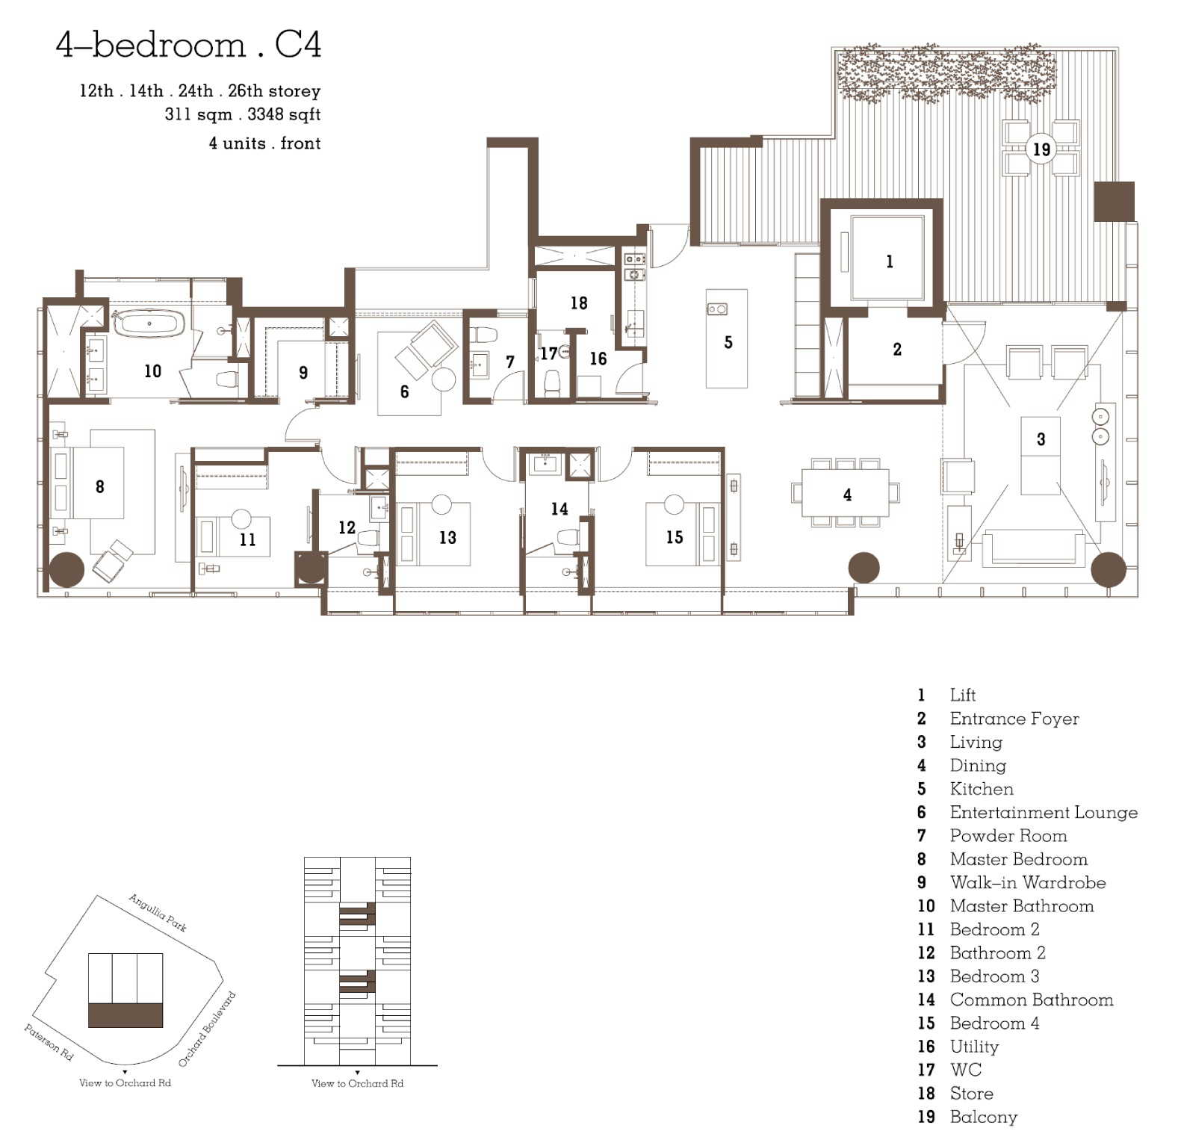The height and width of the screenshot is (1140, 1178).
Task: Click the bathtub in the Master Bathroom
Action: coord(149,323)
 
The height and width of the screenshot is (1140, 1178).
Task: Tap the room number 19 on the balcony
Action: coord(1041,149)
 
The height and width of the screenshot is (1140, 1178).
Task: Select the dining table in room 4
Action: coord(846,493)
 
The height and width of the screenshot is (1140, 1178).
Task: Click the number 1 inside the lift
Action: coord(889,261)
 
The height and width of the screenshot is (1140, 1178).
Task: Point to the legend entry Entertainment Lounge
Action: coord(1044,812)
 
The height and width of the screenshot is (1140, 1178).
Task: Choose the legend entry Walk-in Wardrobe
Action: coord(1027,882)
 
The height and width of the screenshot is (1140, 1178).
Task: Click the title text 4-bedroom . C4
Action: coord(188,45)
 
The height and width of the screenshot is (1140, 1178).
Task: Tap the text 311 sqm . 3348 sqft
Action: coord(243,114)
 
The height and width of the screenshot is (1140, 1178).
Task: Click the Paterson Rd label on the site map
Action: coord(49,1041)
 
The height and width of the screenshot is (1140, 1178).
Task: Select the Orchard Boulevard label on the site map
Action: coord(208,1029)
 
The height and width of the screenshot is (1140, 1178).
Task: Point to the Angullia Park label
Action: coord(158,912)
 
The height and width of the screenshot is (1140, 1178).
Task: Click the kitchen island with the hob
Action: coord(727,338)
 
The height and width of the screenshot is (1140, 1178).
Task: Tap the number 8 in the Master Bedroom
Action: coord(99,486)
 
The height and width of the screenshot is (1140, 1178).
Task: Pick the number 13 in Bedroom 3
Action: coord(447,537)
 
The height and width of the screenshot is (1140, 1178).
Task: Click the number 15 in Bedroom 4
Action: coord(675,537)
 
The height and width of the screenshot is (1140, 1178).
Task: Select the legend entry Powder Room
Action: coord(1008,835)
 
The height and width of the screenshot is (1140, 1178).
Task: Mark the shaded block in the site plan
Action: coord(125,1015)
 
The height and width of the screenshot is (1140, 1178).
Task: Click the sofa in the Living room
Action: coord(1035,548)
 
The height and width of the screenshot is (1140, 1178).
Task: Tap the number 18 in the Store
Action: coord(579,303)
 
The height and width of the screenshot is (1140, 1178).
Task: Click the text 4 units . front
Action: coord(264,143)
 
